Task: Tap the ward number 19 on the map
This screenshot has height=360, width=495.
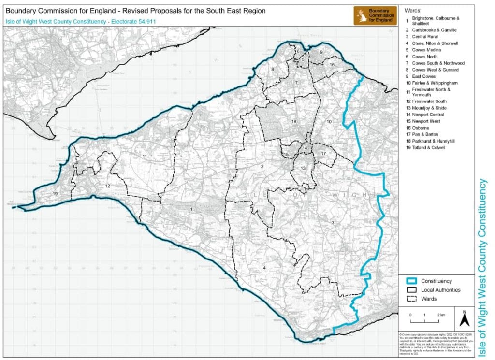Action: click(x=55, y=194)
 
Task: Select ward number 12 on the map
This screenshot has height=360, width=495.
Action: click(x=108, y=186)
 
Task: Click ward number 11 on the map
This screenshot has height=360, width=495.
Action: click(x=145, y=157)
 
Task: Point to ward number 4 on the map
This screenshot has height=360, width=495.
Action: click(x=264, y=267)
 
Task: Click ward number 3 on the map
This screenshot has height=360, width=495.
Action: click(x=333, y=222)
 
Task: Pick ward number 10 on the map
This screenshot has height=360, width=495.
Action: click(x=329, y=121)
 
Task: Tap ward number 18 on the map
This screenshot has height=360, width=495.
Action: click(x=293, y=121)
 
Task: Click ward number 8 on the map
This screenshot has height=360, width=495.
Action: click(x=272, y=70)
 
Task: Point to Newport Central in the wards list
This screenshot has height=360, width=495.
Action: click(x=427, y=115)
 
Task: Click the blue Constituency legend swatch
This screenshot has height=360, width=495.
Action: click(x=411, y=281)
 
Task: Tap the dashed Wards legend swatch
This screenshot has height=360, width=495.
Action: click(x=411, y=299)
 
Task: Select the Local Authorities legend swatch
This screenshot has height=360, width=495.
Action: click(x=411, y=290)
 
